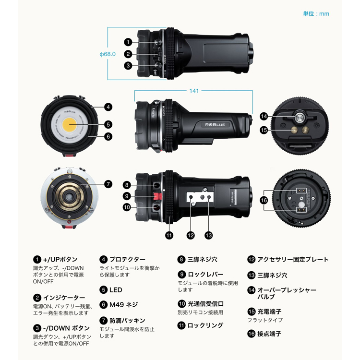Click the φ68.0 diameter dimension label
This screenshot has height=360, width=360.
coord(108,54)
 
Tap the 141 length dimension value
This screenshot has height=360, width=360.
coord(194,91)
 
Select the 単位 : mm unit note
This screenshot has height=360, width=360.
coord(316,13)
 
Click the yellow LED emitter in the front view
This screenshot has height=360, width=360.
coord(70,125)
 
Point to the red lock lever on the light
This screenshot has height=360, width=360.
coord(157,196)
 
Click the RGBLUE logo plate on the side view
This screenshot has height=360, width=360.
coord(215,125)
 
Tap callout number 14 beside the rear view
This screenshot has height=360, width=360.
coord(264,117)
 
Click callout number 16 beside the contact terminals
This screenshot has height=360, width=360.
coord(264,200)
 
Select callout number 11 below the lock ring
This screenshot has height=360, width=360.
coord(169,235)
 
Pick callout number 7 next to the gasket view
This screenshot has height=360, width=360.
coord(108,184)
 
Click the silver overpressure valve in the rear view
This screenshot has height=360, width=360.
coord(300,118)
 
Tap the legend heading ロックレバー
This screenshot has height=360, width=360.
coord(205,275)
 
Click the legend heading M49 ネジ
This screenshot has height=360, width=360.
coord(123,305)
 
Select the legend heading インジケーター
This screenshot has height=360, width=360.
coord(64,298)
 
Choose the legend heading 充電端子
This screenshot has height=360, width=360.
coord(269,312)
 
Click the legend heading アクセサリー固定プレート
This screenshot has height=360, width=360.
coord(293,259)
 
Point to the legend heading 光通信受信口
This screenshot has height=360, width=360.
coord(206,304)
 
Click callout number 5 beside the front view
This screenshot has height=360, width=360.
coord(108,125)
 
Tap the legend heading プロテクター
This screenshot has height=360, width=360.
coord(127,259)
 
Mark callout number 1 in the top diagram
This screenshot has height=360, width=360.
coord(128,42)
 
